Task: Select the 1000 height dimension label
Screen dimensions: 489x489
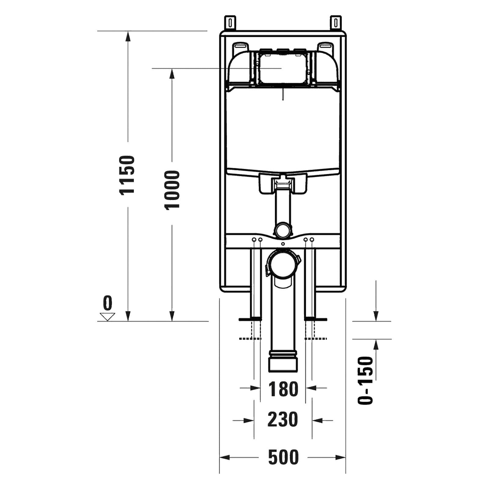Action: (172, 190)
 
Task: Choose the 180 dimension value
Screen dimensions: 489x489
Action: (283, 389)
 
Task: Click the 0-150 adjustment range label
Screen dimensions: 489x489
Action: (366, 380)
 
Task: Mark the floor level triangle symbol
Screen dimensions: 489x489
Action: (107, 317)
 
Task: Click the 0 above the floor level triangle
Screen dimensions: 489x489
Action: (107, 303)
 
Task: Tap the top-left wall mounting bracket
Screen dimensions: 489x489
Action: (231, 23)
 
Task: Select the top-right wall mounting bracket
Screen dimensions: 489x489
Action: (336, 23)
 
